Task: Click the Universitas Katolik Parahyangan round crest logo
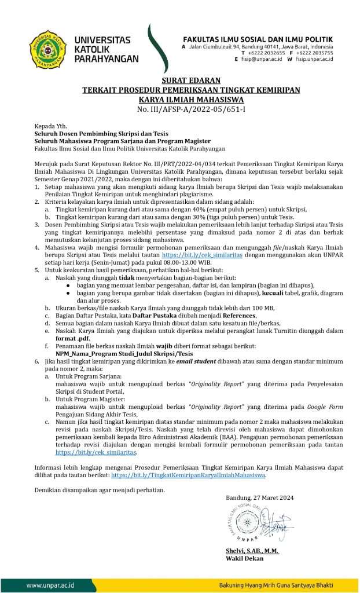pos(48,49)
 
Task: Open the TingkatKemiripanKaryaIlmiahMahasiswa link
pos(188,475)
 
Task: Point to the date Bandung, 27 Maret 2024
pos(260,497)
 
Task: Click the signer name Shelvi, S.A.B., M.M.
pos(252,550)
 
